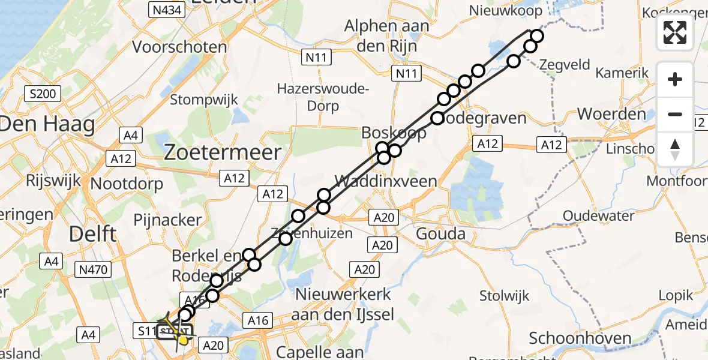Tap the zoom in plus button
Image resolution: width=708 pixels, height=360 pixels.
click(x=675, y=79)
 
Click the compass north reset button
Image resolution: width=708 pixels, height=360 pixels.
click(x=675, y=149)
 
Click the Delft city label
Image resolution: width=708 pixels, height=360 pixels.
click(x=92, y=233)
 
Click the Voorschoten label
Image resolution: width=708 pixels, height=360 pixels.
click(x=179, y=47)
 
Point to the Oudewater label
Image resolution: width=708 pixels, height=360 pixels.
click(x=598, y=215)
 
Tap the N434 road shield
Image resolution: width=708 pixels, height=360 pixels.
click(x=163, y=10)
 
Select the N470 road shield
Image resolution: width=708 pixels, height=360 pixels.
click(x=93, y=270)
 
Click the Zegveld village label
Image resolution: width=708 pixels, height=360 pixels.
click(x=565, y=64)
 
